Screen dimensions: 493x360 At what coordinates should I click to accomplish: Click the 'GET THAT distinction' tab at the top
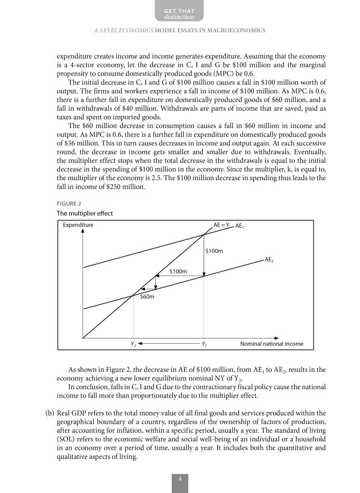pos(180,13)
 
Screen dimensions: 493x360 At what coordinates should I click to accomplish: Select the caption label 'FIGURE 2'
pos(69,203)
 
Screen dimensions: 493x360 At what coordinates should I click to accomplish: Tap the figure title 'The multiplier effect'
pos(85,213)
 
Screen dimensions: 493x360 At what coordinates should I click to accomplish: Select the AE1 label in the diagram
pos(239,226)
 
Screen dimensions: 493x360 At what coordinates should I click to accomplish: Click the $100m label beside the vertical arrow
pos(214,250)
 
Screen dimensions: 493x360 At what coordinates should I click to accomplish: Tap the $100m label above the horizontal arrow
pos(178,272)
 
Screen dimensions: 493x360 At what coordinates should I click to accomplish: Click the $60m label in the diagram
pos(147,297)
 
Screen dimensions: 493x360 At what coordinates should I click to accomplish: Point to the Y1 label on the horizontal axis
pos(204,344)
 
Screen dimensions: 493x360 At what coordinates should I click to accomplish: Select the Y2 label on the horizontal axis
pos(133,344)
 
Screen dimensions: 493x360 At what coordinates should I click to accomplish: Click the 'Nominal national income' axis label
pos(271,344)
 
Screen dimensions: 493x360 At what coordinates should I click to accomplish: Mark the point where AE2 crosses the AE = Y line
pos(133,295)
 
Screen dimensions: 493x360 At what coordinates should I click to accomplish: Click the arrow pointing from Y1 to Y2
pos(168,344)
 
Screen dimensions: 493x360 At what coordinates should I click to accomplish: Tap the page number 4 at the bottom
pos(180,480)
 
